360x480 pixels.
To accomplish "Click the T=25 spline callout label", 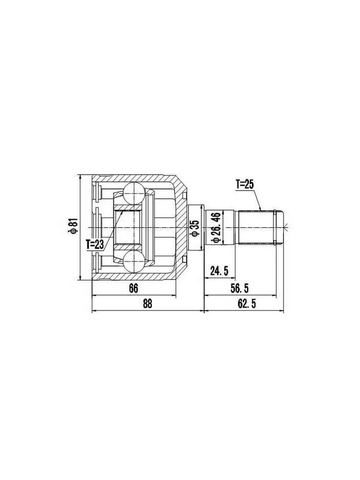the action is [244, 185].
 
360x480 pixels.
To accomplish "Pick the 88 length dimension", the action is [147, 304].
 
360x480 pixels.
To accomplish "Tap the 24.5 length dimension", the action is [219, 271].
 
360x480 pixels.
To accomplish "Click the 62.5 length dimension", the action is [246, 304].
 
